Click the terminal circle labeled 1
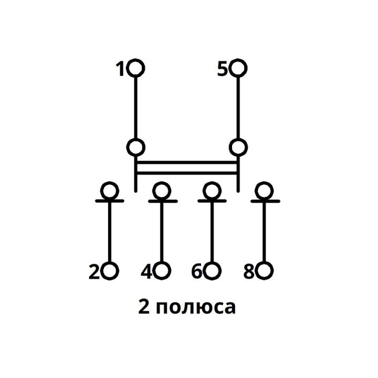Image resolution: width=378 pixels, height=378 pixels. coord(136,68)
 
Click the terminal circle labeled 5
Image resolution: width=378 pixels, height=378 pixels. coord(239,68)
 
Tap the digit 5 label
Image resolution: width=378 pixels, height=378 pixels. coord(223,69)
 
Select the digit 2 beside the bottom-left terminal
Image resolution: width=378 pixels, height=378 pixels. coord(94,272)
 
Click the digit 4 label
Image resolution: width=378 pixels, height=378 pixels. coord(146,272)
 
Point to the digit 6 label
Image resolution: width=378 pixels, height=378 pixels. coord(197,272)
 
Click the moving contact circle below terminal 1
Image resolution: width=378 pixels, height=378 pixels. coord(136,147)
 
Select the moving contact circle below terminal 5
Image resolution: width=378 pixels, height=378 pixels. coord(239,147)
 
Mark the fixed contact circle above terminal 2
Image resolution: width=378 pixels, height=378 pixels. coord(110,190)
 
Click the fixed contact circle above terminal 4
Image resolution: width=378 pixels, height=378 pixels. coord(162,190)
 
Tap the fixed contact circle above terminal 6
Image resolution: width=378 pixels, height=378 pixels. coord(212,190)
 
